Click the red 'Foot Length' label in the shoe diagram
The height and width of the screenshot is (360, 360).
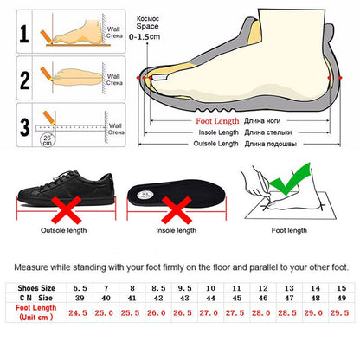218,121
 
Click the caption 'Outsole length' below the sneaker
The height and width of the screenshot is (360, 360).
63,231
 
